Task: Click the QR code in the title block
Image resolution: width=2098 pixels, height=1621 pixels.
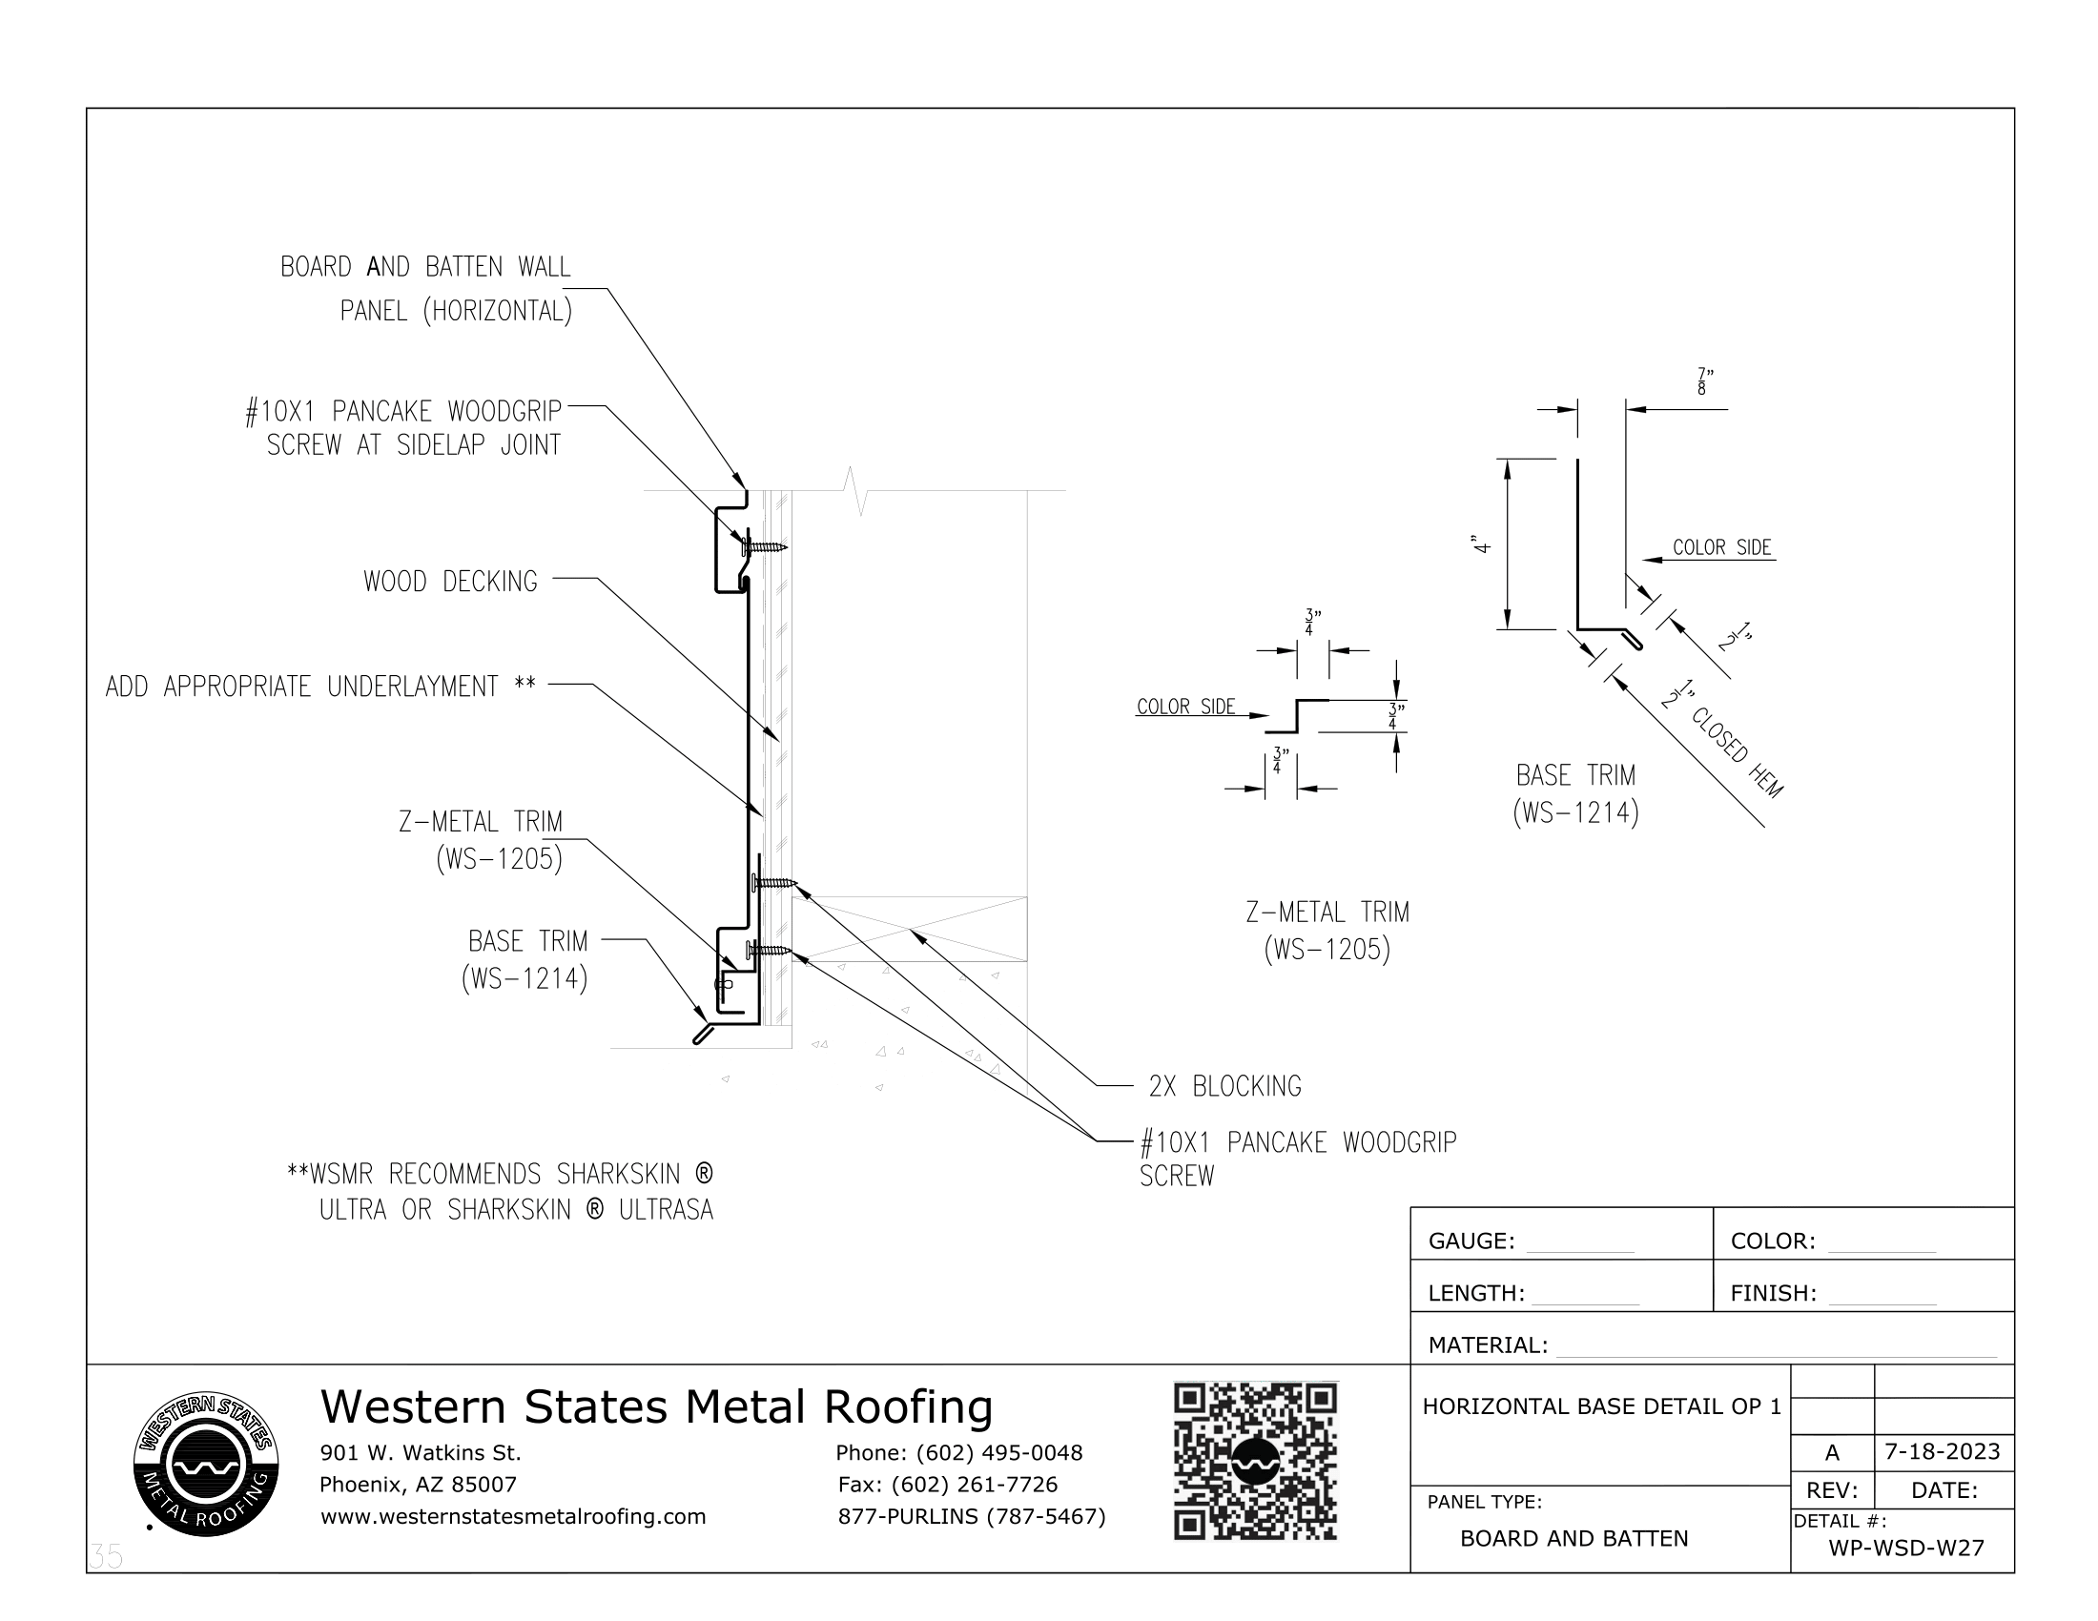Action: [1255, 1461]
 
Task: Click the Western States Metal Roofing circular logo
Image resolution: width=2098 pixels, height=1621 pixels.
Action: [206, 1464]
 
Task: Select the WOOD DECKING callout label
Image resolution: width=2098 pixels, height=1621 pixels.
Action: [449, 581]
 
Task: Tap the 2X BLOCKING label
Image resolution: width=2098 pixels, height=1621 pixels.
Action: [1224, 1086]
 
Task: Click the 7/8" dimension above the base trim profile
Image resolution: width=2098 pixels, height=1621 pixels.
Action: [1705, 381]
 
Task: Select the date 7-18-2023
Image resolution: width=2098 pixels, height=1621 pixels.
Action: [1942, 1451]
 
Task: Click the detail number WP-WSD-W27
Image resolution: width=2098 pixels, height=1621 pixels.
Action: [1906, 1548]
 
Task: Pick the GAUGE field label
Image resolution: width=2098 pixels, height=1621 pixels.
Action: [1471, 1241]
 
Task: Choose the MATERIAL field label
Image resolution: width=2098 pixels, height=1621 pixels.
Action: [1487, 1344]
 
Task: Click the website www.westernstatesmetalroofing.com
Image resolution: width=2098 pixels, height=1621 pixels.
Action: [513, 1516]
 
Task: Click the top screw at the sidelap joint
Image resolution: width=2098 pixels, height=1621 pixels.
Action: [764, 547]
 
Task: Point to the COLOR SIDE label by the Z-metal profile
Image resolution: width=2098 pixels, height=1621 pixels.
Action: [1185, 707]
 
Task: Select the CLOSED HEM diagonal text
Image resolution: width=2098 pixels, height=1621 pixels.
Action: [1736, 752]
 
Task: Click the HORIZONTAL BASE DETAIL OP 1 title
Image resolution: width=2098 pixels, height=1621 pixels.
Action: [1601, 1406]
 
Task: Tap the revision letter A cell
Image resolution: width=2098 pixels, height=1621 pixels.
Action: [1832, 1452]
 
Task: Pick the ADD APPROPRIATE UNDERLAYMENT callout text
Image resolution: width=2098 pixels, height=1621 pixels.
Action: [319, 687]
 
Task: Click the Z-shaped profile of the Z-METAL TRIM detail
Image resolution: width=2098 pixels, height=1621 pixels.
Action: [1298, 715]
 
